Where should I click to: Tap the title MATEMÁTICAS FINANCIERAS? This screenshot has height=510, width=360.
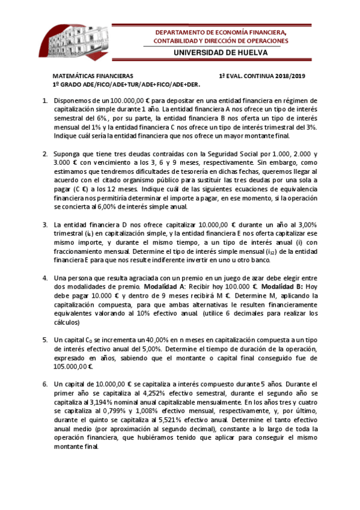point(93,77)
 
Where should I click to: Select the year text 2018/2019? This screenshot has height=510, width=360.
point(285,77)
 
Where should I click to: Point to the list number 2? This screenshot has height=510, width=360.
point(46,154)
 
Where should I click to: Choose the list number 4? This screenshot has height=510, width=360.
point(46,278)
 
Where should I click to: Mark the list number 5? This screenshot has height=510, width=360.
point(46,340)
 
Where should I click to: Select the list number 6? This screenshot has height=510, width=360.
point(46,384)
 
